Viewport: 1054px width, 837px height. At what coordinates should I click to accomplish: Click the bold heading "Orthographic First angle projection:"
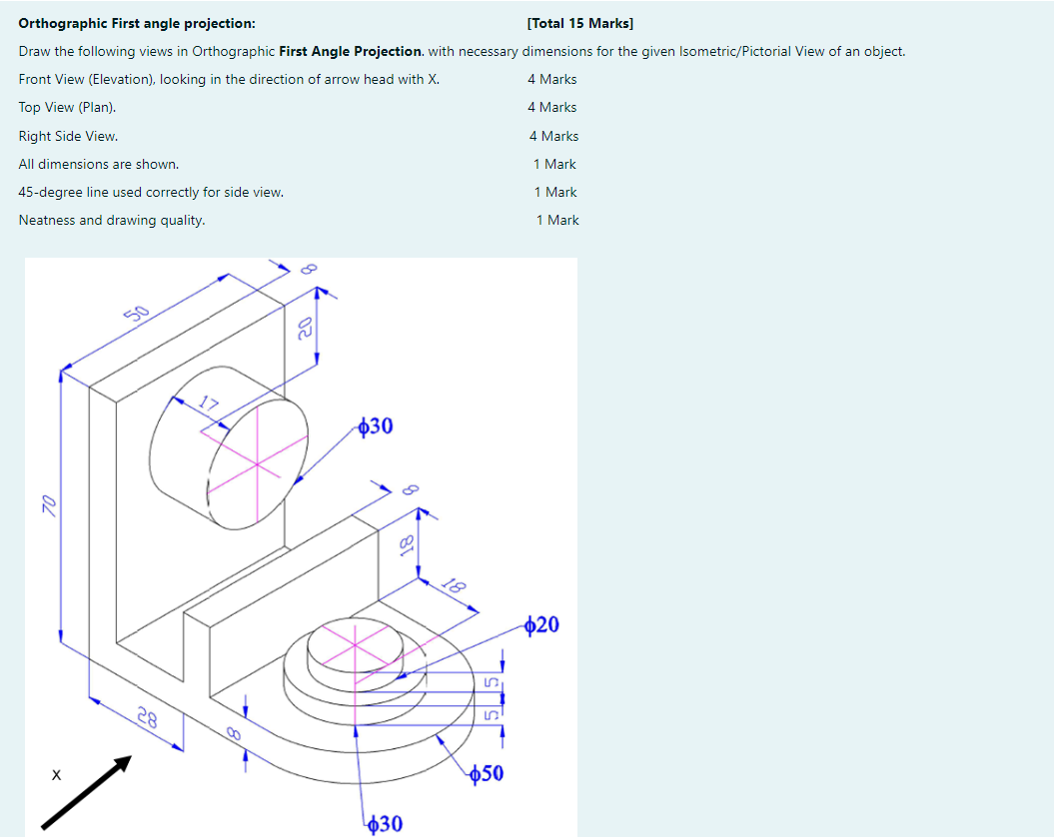[136, 23]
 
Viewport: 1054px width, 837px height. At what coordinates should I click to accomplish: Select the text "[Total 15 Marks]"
[579, 23]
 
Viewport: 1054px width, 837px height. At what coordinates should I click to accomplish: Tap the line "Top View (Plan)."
[67, 107]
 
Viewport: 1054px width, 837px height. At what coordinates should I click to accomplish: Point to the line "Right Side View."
[68, 136]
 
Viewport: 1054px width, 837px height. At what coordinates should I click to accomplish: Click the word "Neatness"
[47, 220]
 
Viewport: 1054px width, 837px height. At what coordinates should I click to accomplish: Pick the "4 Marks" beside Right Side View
[553, 136]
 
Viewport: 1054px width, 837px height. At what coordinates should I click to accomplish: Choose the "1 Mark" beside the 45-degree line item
[555, 192]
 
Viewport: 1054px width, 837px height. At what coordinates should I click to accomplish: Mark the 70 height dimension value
[46, 505]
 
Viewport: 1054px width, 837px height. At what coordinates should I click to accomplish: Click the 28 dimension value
[147, 716]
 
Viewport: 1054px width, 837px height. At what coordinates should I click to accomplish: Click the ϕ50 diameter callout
[487, 773]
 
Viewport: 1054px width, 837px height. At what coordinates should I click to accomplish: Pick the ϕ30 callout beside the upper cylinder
[376, 426]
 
